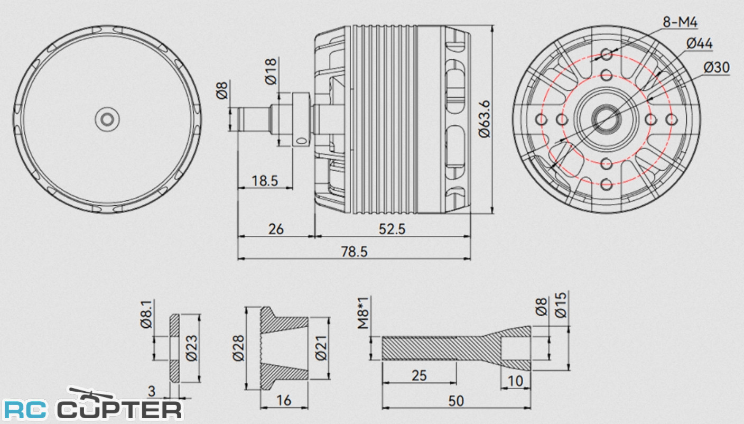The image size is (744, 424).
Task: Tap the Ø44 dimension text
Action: (x=700, y=44)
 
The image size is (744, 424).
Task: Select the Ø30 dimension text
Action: (x=717, y=68)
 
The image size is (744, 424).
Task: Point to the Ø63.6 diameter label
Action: (x=485, y=119)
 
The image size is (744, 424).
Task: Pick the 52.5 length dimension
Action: (x=392, y=229)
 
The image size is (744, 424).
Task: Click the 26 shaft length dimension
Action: (x=276, y=229)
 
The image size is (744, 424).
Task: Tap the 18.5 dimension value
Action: (x=265, y=181)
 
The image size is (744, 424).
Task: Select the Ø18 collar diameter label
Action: (x=271, y=71)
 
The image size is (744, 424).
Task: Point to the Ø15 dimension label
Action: (x=560, y=305)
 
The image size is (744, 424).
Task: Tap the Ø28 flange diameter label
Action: (x=238, y=348)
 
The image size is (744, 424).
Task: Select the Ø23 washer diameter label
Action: (x=191, y=348)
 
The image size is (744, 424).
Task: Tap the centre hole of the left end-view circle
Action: (x=107, y=119)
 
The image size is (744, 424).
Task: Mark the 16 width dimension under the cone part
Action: (x=284, y=400)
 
